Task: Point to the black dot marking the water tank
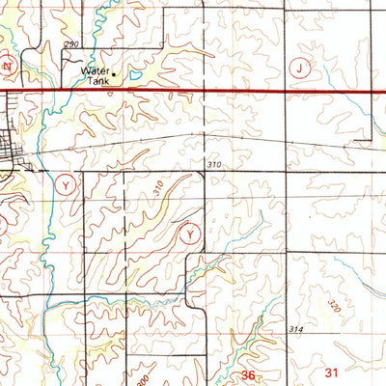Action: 115,71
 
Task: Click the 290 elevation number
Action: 69,45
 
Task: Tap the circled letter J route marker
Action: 300,68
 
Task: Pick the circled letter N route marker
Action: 6,67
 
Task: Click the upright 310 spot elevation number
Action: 214,166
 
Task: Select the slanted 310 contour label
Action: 157,191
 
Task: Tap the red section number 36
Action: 249,374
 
